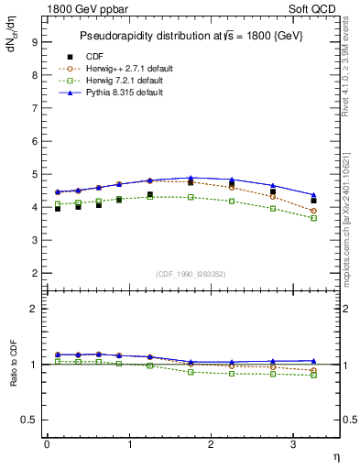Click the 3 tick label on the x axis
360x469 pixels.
coord(292,443)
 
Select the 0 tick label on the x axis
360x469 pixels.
coord(47,443)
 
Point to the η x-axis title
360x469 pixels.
coord(336,455)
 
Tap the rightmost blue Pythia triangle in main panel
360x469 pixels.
coord(314,195)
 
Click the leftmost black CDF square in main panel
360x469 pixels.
coord(57,209)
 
